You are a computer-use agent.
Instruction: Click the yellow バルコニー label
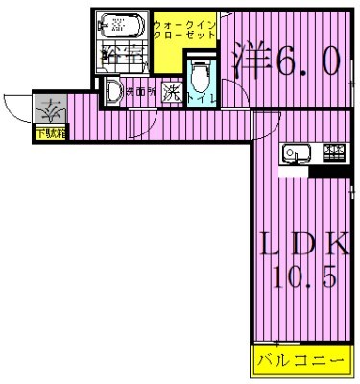(300, 363)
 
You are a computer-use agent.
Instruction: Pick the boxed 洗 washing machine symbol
(172, 93)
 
